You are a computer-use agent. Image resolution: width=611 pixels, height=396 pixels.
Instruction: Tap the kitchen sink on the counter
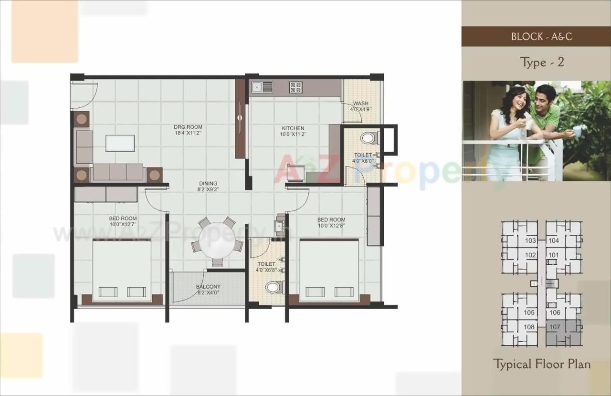263,87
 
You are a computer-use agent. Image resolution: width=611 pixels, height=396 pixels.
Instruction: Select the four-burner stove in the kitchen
295,87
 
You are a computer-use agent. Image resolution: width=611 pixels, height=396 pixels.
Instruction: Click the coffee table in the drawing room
120,143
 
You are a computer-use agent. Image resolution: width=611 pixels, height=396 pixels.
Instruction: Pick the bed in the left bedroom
122,271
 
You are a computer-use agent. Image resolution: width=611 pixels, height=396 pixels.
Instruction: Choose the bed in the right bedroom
329,271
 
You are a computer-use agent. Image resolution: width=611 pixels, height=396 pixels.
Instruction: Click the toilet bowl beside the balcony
274,287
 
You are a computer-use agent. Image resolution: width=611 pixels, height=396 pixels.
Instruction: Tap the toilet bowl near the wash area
368,138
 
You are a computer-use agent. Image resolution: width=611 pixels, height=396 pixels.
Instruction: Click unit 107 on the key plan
554,327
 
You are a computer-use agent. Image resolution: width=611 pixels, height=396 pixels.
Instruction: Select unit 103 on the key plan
530,241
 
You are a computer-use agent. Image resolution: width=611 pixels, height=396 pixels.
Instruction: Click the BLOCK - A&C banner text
542,37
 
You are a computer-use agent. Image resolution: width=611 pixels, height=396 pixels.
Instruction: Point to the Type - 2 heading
542,63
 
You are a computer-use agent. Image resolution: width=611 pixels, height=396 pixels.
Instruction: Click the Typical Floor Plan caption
542,365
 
